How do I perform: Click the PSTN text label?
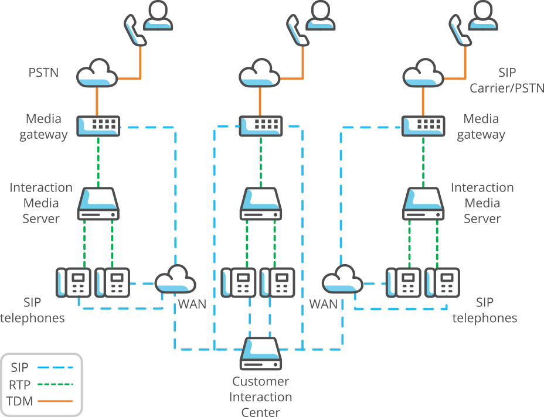point(43,73)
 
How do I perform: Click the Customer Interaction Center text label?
point(261,397)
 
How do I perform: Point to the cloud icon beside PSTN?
point(97,73)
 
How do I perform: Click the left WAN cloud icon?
point(175,279)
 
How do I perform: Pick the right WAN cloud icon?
point(342,279)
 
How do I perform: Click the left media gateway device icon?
point(98,125)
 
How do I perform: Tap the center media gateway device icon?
point(260,125)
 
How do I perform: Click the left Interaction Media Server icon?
point(98,204)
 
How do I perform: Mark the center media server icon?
point(260,204)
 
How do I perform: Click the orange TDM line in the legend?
point(55,401)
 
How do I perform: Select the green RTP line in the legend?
point(55,384)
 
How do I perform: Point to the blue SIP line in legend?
point(55,367)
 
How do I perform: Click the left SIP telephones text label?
point(32,310)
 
